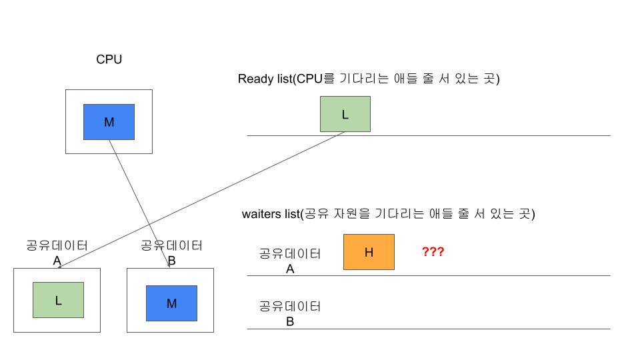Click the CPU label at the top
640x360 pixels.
[x=109, y=60]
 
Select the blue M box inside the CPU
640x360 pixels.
[x=109, y=121]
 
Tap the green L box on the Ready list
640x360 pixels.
[x=345, y=114]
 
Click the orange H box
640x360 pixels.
[x=369, y=252]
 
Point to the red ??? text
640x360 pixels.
[x=433, y=252]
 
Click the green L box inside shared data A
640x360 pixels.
[x=58, y=299]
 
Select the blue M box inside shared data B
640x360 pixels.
[x=171, y=303]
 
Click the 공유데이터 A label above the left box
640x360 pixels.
[x=57, y=252]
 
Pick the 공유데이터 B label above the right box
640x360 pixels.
[x=171, y=252]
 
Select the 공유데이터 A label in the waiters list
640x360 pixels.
[x=290, y=261]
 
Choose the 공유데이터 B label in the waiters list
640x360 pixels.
[x=290, y=313]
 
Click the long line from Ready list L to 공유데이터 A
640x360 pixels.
[x=200, y=200]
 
